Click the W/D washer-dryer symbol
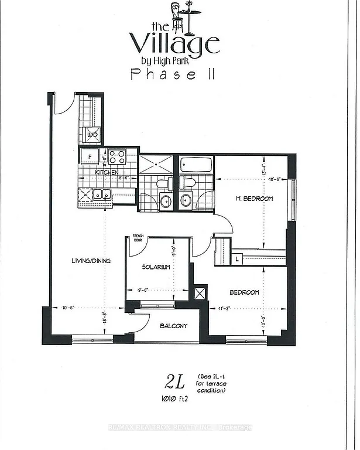(92, 135)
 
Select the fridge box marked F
(90, 157)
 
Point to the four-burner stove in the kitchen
(117, 157)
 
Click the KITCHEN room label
(107, 172)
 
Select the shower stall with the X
(156, 165)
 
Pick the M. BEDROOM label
(255, 199)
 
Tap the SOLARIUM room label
(156, 267)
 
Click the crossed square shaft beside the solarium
(200, 292)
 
